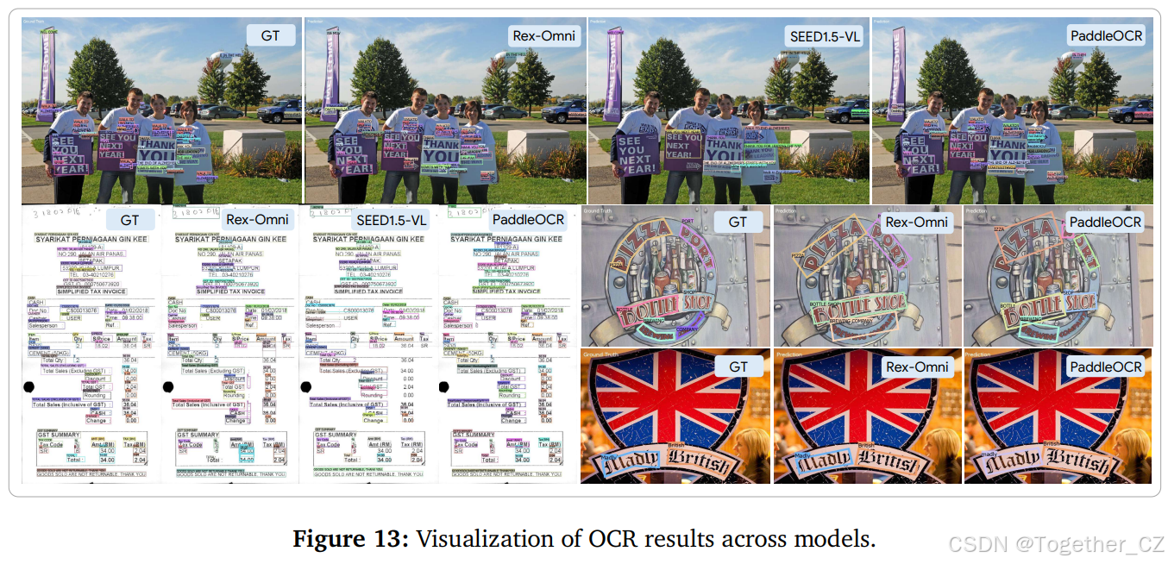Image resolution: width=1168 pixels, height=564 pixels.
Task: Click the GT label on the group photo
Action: click(x=269, y=35)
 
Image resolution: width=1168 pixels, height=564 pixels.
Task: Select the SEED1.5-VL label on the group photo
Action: click(x=826, y=35)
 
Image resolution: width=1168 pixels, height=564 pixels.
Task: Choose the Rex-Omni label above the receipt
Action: click(x=254, y=220)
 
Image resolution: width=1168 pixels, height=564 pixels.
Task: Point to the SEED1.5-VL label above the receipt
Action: click(x=391, y=220)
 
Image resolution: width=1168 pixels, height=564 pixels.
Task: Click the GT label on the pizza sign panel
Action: click(x=738, y=222)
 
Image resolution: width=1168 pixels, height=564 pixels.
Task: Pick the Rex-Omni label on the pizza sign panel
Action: click(x=916, y=222)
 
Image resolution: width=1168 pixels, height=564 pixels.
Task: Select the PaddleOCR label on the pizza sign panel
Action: click(x=1105, y=222)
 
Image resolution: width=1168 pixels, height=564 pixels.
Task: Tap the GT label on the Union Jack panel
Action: click(x=738, y=367)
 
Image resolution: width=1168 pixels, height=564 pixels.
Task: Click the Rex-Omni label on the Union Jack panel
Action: click(x=916, y=367)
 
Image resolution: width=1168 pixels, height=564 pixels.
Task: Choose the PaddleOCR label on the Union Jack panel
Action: click(x=1105, y=367)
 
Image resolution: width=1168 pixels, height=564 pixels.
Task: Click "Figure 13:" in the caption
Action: click(x=350, y=540)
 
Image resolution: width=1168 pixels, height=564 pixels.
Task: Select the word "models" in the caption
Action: click(x=839, y=540)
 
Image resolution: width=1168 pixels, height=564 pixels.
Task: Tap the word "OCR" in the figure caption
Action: click(x=599, y=540)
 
